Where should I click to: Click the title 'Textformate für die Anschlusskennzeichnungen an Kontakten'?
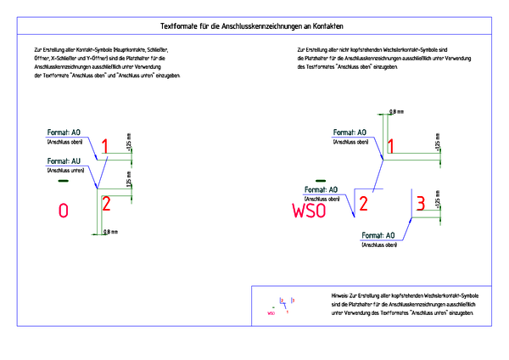pos(255,28)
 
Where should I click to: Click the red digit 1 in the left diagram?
pos(105,148)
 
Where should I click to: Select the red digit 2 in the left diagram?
pos(106,203)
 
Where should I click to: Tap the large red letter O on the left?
pos(62,211)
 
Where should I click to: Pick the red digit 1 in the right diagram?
pos(390,146)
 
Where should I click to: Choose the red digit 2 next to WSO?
pos(363,203)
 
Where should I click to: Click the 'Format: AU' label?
pos(64,160)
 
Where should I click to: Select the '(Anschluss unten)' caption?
pos(64,171)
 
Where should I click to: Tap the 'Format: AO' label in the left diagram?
pos(64,133)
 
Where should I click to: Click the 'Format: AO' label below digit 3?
pos(379,235)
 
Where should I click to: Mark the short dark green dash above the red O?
pos(62,181)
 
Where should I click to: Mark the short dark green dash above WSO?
pos(321,180)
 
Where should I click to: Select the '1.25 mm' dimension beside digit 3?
pos(436,205)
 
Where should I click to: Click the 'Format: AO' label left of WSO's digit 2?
pos(322,189)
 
